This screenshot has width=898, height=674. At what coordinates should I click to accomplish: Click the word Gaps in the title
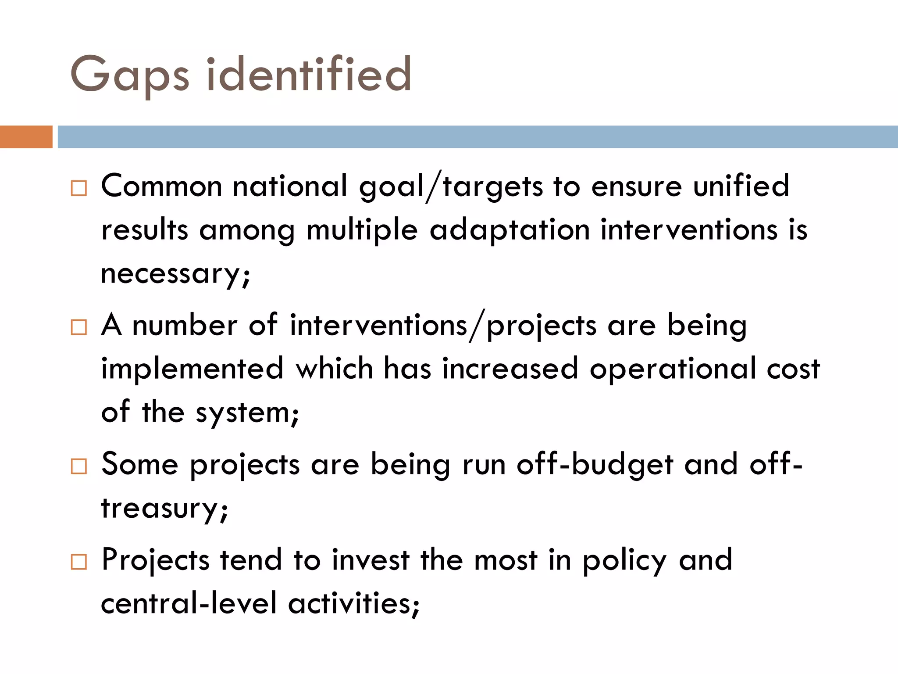click(x=130, y=75)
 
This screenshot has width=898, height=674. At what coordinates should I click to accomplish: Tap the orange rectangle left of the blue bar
click(x=26, y=137)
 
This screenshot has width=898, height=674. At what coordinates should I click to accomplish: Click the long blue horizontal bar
click(x=477, y=137)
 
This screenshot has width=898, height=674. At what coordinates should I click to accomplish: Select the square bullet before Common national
click(x=79, y=188)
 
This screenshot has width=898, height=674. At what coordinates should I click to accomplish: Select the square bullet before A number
click(x=79, y=327)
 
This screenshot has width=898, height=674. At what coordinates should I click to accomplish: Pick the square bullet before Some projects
click(x=79, y=466)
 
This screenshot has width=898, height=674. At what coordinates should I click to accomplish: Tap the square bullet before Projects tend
click(x=79, y=562)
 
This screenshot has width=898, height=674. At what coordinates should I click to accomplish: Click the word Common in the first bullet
click(x=161, y=186)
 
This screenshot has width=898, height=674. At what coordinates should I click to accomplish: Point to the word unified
click(x=741, y=186)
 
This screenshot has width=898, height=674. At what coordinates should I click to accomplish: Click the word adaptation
click(x=510, y=231)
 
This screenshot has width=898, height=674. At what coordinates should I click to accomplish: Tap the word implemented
click(x=192, y=369)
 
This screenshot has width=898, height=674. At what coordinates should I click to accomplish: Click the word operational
click(x=673, y=369)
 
